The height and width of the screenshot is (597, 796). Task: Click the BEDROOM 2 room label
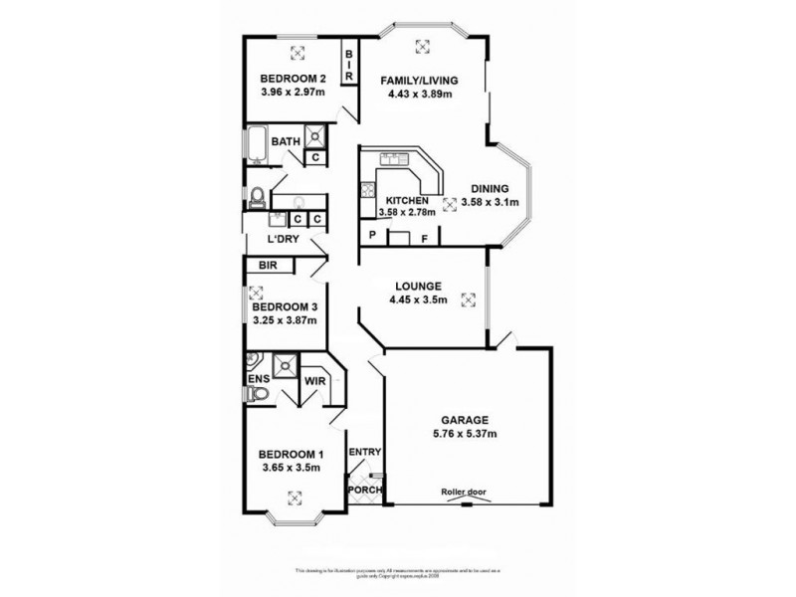pos(294,80)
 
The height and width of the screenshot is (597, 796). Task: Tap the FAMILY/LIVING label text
pos(420,80)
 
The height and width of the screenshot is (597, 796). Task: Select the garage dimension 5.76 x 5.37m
pos(465,434)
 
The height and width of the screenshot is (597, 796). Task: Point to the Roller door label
pos(466,493)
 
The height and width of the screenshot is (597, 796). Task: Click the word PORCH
pos(363,491)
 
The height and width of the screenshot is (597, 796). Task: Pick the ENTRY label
pos(365,453)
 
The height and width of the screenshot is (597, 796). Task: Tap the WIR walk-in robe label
pos(316,380)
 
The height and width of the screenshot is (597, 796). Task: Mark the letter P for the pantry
pos(372,237)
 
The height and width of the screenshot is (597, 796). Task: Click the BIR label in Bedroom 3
pos(268,266)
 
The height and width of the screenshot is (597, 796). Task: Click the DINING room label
pos(485,189)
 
